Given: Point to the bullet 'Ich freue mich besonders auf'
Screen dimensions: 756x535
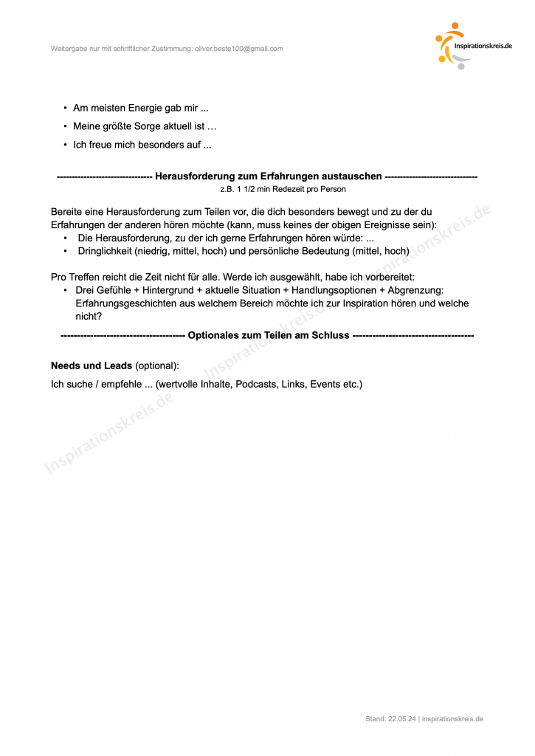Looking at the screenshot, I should click(142, 145).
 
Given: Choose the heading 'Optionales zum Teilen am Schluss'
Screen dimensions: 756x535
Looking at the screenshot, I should click(269, 335).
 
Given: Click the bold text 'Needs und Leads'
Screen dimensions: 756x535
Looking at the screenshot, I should click(92, 365).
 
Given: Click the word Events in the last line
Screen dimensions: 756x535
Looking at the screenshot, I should click(325, 385).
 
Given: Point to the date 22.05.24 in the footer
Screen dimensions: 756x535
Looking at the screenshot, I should click(401, 718).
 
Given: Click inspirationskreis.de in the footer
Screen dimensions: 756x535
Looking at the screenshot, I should click(453, 718).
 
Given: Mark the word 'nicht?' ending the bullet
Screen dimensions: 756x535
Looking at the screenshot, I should click(89, 316).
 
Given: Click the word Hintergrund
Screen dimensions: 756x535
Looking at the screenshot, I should click(168, 290).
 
